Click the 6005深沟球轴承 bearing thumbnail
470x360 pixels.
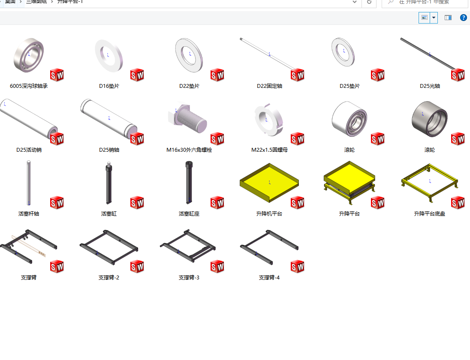29,56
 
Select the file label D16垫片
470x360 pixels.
109,86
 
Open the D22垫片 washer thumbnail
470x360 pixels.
189,55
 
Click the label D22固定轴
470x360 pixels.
269,86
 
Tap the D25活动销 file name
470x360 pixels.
29,150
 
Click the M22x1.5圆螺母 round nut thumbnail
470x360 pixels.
268,119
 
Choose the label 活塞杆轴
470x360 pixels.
29,213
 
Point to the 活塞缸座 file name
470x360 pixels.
189,213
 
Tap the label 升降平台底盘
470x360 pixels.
429,213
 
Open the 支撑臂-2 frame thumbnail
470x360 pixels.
108,248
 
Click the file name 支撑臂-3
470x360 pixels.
189,278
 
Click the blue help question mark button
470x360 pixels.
463,18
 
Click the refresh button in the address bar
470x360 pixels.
369,2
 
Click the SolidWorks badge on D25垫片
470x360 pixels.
377,75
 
